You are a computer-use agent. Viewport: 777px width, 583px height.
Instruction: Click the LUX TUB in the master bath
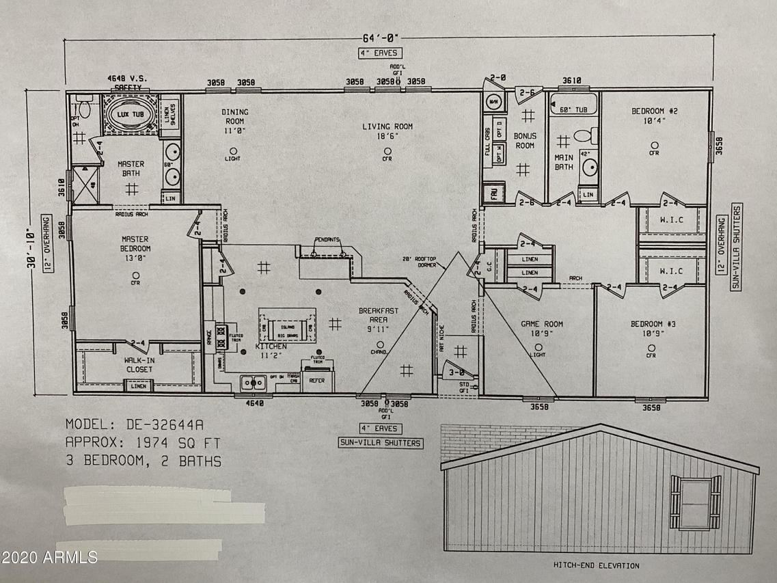click(128, 113)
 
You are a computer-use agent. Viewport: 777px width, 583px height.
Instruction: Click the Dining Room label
click(234, 116)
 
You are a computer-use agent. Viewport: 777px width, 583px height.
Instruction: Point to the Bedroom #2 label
click(654, 116)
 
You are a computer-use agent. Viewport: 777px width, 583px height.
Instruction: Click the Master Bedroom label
click(135, 243)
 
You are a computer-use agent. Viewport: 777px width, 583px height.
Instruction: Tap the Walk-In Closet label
click(138, 364)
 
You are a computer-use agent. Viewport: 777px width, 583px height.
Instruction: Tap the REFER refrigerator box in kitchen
click(317, 381)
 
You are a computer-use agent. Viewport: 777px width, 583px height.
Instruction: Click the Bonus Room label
click(526, 140)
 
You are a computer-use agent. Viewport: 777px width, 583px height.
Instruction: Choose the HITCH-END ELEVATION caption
click(596, 565)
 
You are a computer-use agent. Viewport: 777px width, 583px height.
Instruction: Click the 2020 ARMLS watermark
click(49, 558)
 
